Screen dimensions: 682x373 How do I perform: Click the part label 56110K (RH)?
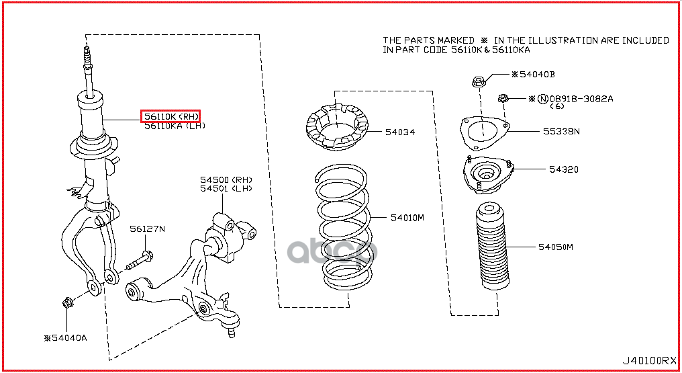tap(170, 117)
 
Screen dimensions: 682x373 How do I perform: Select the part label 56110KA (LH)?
tap(173, 126)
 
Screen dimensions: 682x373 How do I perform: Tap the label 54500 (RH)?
tap(226, 179)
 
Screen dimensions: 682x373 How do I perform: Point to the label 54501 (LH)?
tap(226, 189)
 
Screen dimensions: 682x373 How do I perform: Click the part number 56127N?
tap(148, 229)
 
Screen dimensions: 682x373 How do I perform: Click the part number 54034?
tap(399, 132)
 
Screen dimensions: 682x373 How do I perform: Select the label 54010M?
tap(407, 218)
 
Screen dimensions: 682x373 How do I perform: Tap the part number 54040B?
tap(537, 74)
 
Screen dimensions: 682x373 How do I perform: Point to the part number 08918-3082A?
tap(581, 98)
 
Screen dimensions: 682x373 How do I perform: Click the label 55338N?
tap(561, 131)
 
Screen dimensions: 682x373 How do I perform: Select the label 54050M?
tap(555, 247)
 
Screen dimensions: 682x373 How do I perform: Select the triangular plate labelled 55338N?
tap(483, 132)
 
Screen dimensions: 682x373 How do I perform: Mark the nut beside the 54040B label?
tap(479, 83)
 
